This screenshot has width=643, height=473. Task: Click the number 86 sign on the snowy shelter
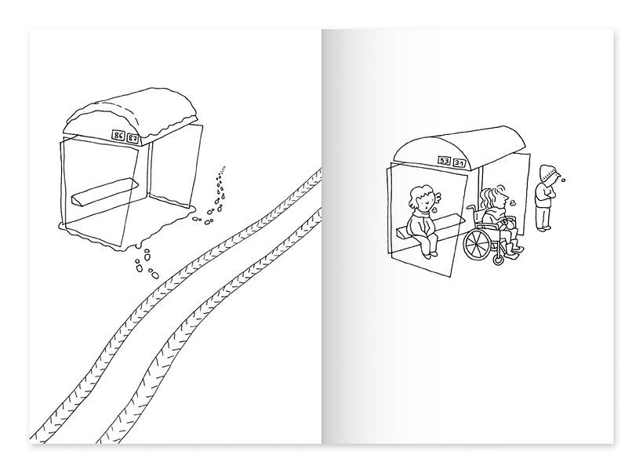click(118, 136)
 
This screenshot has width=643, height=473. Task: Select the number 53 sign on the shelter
click(445, 161)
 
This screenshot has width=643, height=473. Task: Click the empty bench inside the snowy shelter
click(104, 191)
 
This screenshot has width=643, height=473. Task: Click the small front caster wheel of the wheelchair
click(499, 258)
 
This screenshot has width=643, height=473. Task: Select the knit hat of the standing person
click(548, 171)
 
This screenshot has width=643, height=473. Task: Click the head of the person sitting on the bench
click(421, 196)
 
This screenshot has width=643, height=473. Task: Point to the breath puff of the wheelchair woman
click(511, 200)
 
